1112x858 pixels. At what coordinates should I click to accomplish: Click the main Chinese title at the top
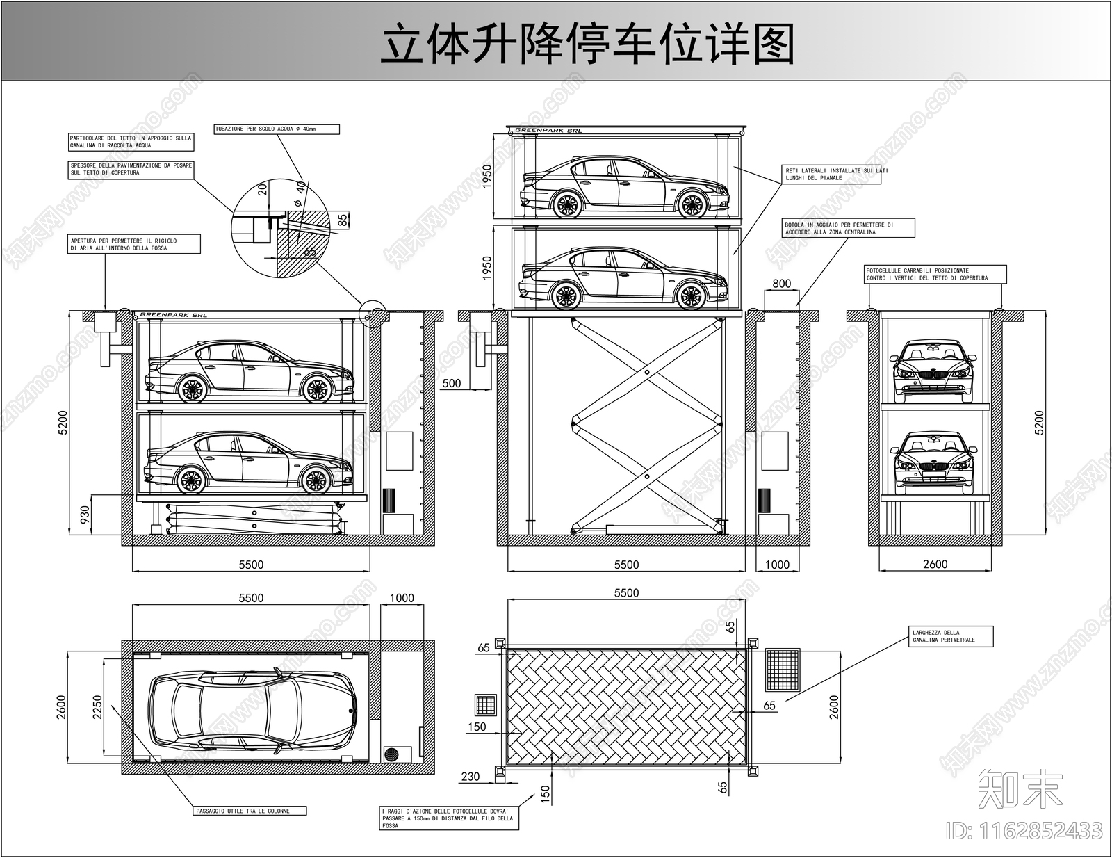pos(587,43)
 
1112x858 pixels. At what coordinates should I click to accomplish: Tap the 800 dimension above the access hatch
pos(781,283)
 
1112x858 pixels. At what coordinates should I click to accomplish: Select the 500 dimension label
pos(452,383)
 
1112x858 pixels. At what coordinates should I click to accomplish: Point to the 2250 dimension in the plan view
pos(97,708)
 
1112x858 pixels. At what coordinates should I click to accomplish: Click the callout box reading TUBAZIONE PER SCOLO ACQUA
pos(277,129)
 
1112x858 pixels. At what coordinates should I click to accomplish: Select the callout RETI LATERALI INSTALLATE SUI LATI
pos(832,174)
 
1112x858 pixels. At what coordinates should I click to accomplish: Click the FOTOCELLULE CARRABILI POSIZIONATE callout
pos(935,274)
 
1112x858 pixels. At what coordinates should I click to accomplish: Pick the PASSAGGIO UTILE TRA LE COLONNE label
pos(250,811)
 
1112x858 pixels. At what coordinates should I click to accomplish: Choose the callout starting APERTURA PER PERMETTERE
pos(134,244)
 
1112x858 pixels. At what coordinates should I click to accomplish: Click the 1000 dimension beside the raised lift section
pos(777,565)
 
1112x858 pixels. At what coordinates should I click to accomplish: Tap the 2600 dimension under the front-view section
pos(935,564)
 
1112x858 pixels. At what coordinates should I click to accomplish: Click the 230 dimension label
pos(471,776)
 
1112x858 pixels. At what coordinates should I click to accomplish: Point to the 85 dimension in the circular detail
pos(343,220)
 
